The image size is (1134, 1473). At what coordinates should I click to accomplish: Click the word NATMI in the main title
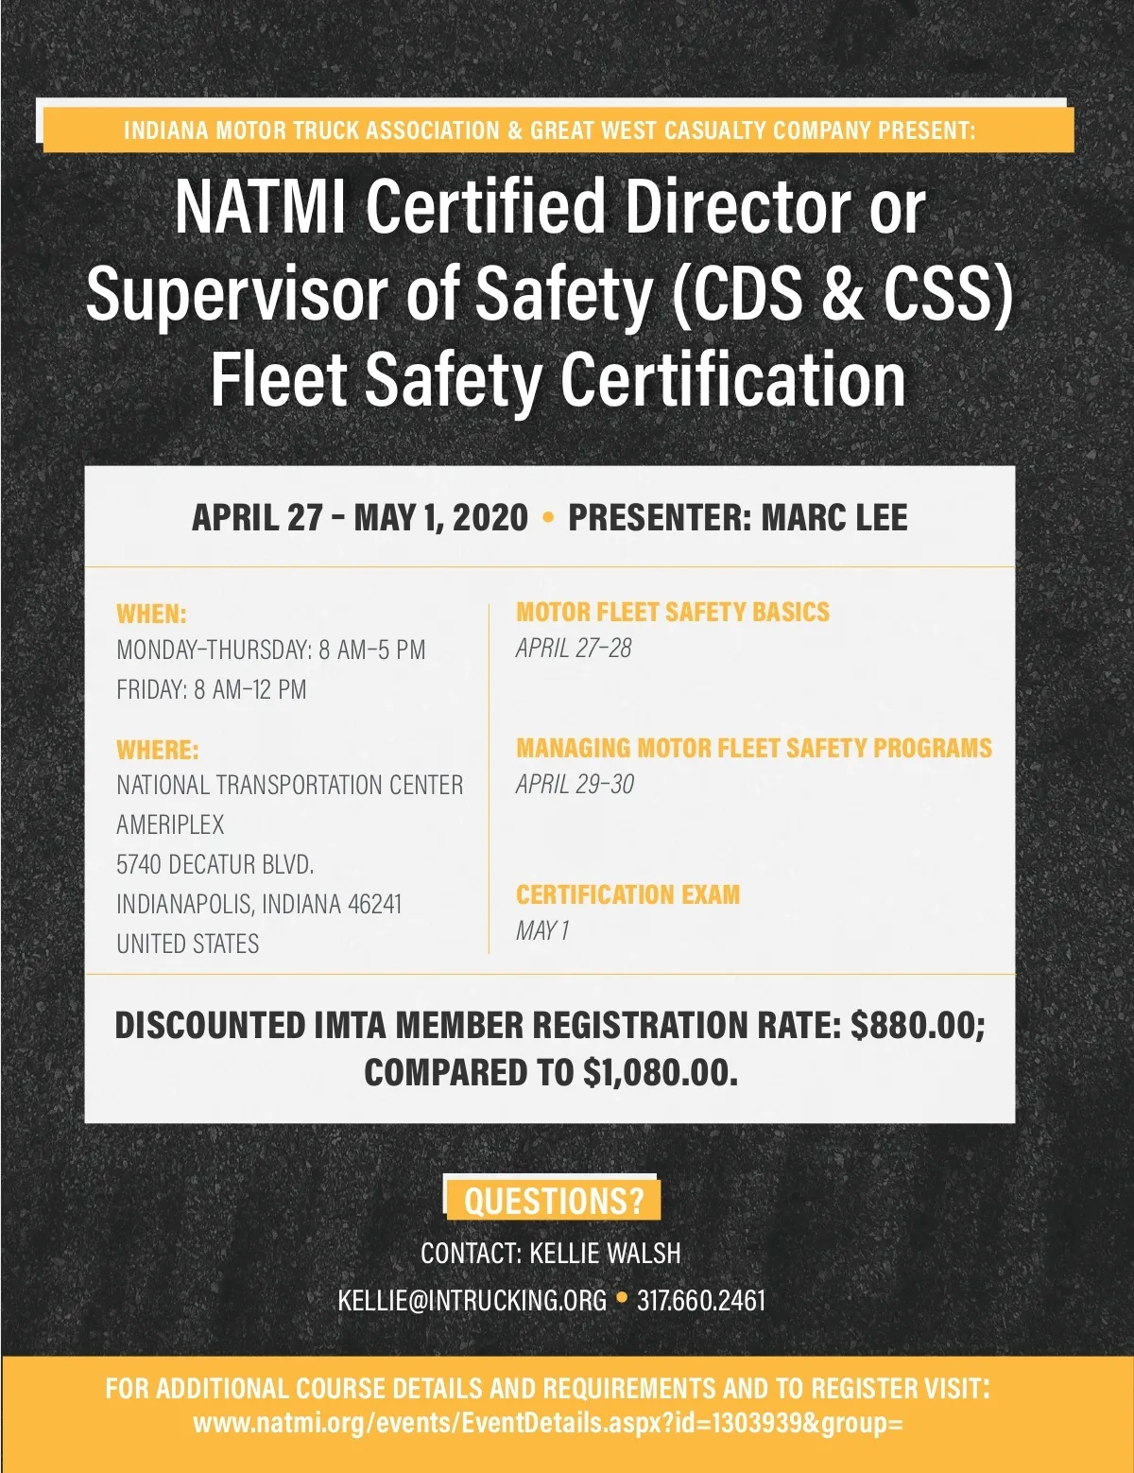(x=259, y=207)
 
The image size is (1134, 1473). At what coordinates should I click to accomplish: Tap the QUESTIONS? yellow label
(x=553, y=1201)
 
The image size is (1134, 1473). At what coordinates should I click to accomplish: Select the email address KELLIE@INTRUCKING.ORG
(x=472, y=1300)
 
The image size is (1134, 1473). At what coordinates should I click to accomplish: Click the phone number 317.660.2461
(x=700, y=1300)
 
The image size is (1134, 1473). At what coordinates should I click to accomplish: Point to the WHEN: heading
(x=151, y=614)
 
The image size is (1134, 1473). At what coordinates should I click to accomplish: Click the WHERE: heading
(x=157, y=750)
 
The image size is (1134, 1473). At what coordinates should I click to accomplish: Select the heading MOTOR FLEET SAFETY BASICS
(x=672, y=612)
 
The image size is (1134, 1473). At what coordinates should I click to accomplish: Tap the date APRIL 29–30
(x=575, y=784)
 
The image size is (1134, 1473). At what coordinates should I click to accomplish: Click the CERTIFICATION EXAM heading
(x=627, y=894)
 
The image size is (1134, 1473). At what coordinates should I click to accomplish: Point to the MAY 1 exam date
(x=542, y=930)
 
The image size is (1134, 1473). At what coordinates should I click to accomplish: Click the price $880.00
(x=917, y=1025)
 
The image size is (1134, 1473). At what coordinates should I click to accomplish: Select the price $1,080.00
(x=660, y=1072)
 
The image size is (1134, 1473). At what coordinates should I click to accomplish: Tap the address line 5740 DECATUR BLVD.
(x=215, y=864)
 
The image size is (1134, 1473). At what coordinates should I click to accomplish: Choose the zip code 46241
(x=374, y=904)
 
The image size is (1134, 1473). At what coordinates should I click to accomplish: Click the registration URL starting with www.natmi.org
(x=548, y=1423)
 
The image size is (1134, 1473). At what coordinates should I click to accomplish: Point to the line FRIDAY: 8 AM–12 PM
(x=211, y=689)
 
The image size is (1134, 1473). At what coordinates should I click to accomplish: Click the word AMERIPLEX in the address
(x=170, y=824)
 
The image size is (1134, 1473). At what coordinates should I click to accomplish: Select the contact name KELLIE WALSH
(x=605, y=1253)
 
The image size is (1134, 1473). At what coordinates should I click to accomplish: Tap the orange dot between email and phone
(x=622, y=1298)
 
